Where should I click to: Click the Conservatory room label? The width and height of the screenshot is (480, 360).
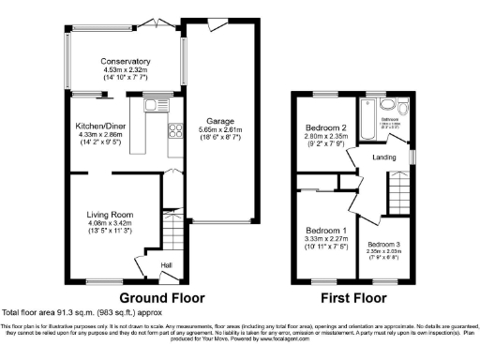[x=126, y=63]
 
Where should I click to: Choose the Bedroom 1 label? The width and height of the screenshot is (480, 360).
[x=327, y=231]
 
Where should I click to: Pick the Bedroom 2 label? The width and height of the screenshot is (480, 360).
[x=325, y=128]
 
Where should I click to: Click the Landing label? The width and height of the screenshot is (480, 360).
[x=383, y=157]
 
